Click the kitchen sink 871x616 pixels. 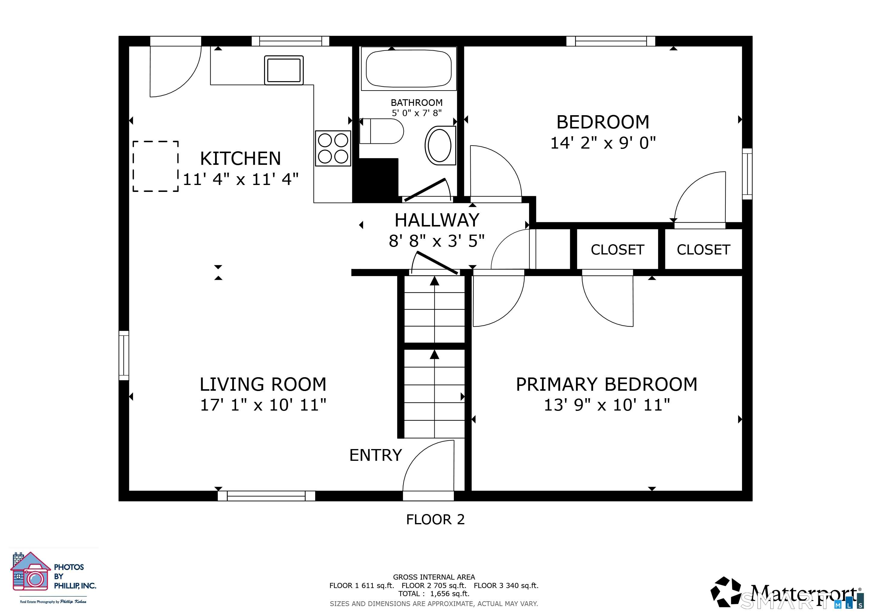284,70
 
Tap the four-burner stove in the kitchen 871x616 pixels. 333,148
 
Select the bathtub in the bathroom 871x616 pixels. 408,69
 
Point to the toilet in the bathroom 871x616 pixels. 382,131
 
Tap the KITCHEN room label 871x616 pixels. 241,159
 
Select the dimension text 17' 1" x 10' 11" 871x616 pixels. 263,405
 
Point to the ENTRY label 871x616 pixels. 376,455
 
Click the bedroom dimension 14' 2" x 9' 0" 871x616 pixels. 603,143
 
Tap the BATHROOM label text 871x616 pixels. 417,103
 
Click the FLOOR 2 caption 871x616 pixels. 435,520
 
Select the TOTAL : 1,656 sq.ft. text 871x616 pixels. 434,594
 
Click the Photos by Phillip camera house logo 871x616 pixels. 30,571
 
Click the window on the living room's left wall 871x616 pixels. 124,356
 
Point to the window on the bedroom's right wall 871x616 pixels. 747,174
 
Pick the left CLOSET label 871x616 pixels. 617,250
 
